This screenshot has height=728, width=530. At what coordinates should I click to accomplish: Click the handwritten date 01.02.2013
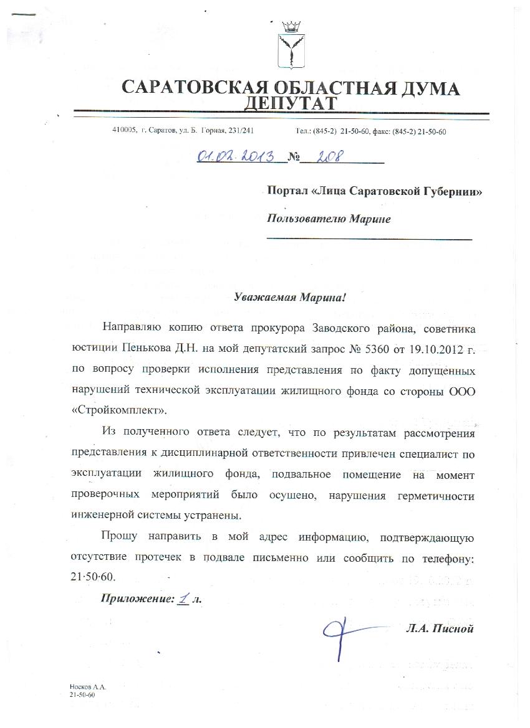click(x=237, y=156)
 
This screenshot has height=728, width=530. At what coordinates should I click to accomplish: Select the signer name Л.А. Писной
click(x=438, y=628)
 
